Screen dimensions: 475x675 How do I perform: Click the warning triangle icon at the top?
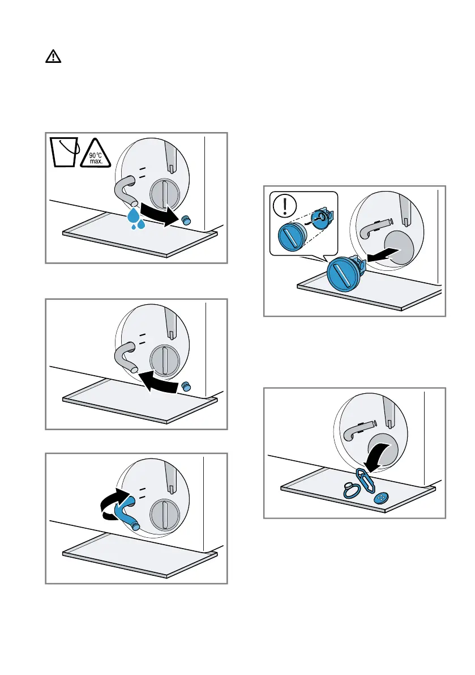(53, 57)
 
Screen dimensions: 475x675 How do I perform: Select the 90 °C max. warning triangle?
(95, 151)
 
